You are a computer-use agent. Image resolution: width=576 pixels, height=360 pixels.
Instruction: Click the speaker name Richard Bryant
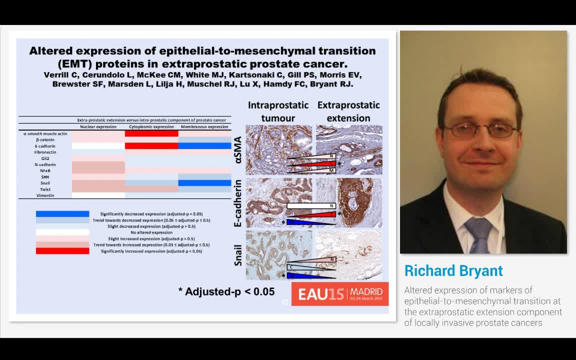[453, 271]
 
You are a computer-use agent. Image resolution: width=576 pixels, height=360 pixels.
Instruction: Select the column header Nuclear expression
[98, 127]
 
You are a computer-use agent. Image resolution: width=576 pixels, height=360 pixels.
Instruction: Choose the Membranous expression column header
[204, 127]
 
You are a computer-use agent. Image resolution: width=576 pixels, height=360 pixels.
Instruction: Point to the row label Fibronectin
[45, 152]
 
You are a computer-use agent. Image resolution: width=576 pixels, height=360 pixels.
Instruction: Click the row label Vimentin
[45, 195]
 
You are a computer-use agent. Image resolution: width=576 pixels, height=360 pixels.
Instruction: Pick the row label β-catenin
[45, 139]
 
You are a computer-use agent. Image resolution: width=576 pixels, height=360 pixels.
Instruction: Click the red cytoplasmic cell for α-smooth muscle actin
[151, 133]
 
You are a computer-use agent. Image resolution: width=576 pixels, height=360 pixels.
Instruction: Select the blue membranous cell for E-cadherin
[204, 146]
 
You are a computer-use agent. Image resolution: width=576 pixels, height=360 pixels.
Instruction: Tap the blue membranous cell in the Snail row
[204, 183]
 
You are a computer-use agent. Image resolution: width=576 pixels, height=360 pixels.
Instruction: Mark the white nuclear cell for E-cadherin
[98, 146]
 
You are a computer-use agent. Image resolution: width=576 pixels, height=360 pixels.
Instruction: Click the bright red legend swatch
[62, 251]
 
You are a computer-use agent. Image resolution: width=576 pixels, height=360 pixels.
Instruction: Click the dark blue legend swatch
[62, 214]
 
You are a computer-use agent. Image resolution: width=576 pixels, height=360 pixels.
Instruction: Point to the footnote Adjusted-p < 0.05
[226, 291]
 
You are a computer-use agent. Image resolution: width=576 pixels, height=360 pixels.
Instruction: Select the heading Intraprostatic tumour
[271, 111]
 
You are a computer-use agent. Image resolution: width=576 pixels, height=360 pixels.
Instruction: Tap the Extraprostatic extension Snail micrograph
[349, 254]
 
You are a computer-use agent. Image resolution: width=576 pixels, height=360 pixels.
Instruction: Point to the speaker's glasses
[480, 130]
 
